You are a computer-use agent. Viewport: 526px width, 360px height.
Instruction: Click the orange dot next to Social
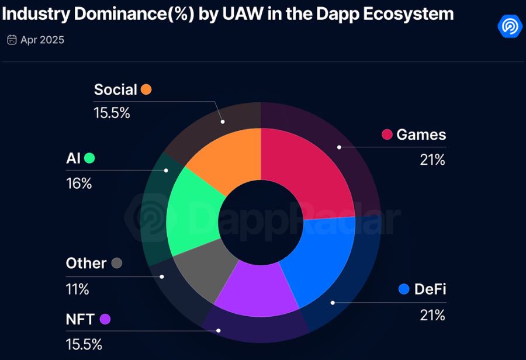(x=146, y=89)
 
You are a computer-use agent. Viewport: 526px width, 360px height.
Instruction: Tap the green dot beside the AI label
(x=89, y=158)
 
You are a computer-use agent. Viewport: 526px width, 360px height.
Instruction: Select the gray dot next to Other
(x=116, y=263)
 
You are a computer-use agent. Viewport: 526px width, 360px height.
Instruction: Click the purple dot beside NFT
(x=105, y=319)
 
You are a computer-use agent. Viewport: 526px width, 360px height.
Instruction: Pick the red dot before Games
(x=387, y=134)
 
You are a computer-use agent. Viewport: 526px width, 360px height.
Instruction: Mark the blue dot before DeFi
(x=403, y=289)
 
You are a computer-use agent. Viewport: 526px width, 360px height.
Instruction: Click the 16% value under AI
(x=79, y=184)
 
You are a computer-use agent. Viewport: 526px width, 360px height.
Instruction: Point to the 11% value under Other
(x=77, y=289)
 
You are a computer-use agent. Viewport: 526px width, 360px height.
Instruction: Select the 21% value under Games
(x=432, y=160)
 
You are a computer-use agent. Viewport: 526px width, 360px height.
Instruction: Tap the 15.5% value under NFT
(x=84, y=344)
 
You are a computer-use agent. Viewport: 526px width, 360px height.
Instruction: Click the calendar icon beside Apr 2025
(x=12, y=40)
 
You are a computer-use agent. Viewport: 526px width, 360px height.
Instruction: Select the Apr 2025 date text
(x=42, y=40)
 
